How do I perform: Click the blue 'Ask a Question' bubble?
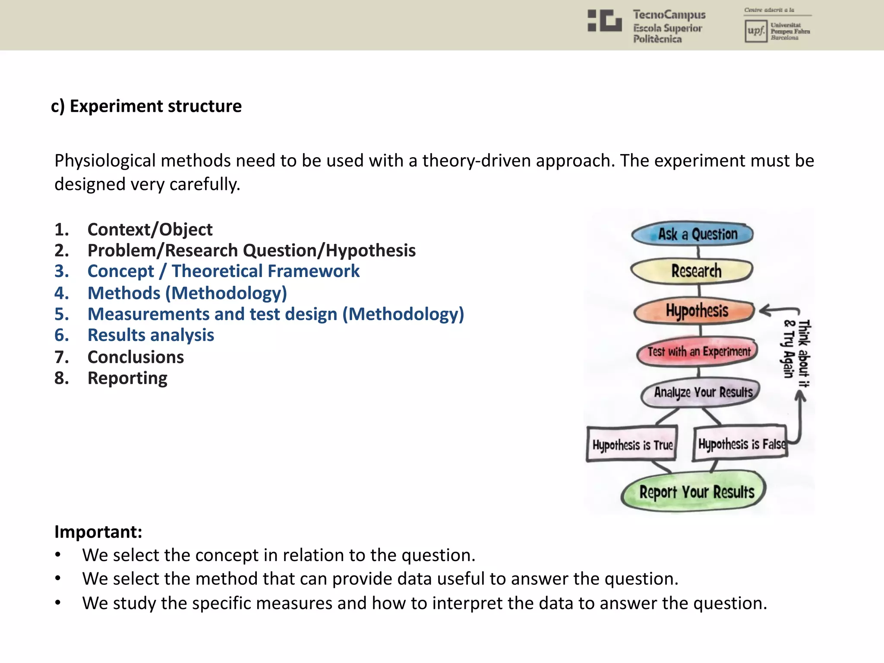[692, 234]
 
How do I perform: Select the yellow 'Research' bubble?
[692, 271]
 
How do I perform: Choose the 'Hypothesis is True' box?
[632, 444]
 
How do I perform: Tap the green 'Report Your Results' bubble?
[695, 492]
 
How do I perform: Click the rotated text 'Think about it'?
[804, 353]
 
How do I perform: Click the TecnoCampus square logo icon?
[605, 21]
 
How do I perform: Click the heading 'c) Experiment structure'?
[146, 106]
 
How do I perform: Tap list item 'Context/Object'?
[150, 230]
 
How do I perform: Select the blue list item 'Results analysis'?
[151, 335]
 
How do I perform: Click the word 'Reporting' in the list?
[127, 378]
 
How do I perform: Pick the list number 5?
[61, 314]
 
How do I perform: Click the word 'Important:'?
[98, 532]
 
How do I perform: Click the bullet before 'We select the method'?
[58, 579]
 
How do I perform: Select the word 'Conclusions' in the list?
[136, 357]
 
